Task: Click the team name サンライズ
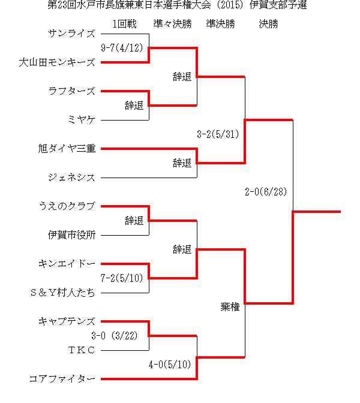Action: pyautogui.click(x=71, y=34)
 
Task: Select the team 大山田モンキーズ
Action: pyautogui.click(x=57, y=62)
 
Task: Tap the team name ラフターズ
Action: pyautogui.click(x=72, y=91)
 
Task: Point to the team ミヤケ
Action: pyautogui.click(x=81, y=120)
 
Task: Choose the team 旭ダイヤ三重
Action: pyautogui.click(x=67, y=149)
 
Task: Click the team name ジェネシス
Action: pyautogui.click(x=71, y=178)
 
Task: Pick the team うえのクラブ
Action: pyautogui.click(x=67, y=206)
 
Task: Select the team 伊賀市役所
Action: pyautogui.click(x=72, y=235)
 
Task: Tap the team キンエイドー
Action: pyautogui.click(x=67, y=264)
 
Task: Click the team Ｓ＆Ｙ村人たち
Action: pyautogui.click(x=62, y=293)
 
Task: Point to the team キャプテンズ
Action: pyautogui.click(x=67, y=321)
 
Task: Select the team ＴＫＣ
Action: pyautogui.click(x=82, y=350)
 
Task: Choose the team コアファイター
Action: pyautogui.click(x=62, y=379)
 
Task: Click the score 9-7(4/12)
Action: pyautogui.click(x=122, y=48)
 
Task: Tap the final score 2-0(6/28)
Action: pyautogui.click(x=266, y=192)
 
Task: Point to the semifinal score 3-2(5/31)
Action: pyautogui.click(x=218, y=134)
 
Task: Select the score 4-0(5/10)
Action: pyautogui.click(x=170, y=365)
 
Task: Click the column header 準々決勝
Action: pyautogui.click(x=173, y=24)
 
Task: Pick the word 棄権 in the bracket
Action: pyautogui.click(x=230, y=307)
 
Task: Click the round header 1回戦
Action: pyautogui.click(x=125, y=24)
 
